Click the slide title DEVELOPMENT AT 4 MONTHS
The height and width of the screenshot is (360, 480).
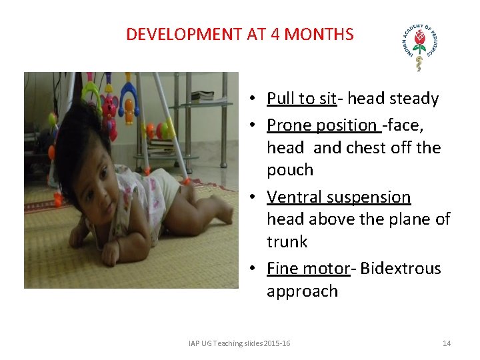coord(239,35)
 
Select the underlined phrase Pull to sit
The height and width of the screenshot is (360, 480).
coord(301,99)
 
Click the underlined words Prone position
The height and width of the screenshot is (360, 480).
coord(323,125)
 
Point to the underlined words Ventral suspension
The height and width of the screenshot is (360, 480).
coord(339,197)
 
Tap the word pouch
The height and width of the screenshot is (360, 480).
coord(290,170)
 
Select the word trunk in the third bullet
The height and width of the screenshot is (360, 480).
coord(287,241)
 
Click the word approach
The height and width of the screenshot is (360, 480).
coord(302,291)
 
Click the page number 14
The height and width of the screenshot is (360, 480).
coord(447,343)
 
